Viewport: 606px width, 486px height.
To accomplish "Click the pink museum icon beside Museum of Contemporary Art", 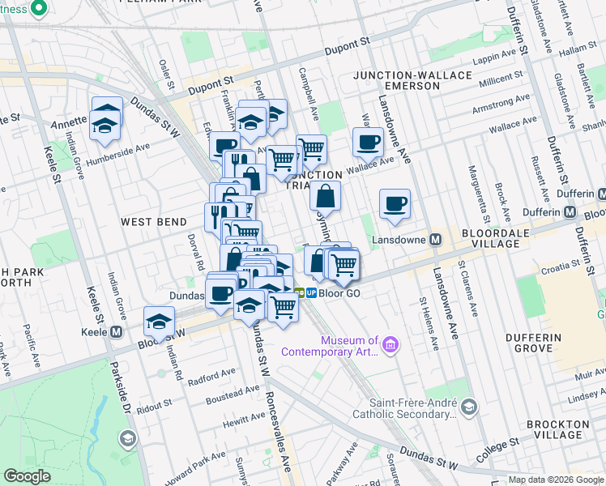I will [x=390, y=346].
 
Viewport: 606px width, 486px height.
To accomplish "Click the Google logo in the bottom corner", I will [x=28, y=476].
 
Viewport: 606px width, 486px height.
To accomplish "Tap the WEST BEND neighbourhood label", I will [x=148, y=221].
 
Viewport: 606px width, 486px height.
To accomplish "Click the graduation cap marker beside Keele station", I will [x=160, y=322].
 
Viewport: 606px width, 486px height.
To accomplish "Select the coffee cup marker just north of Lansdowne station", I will [x=395, y=204].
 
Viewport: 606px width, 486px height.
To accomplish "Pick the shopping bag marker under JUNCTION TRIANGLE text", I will [x=325, y=196].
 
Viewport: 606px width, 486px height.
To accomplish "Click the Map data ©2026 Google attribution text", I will [x=556, y=480].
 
